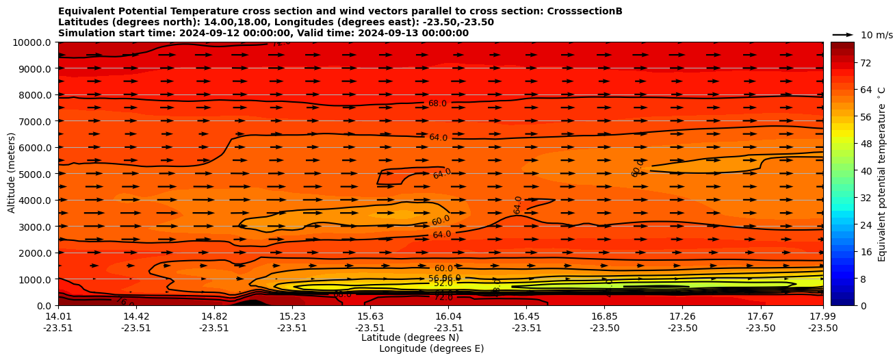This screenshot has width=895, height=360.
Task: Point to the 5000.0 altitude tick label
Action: [35, 174]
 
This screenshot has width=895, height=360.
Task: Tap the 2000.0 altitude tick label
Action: [35, 253]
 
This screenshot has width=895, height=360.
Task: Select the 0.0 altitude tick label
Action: [44, 306]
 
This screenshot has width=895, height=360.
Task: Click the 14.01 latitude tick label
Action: [58, 316]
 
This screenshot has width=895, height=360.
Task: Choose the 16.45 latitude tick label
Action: [526, 316]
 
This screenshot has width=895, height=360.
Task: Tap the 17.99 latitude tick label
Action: [822, 316]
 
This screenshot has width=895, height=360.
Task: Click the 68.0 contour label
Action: [437, 103]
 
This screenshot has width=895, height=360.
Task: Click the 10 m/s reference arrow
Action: [843, 35]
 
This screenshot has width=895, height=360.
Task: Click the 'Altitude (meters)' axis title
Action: [12, 172]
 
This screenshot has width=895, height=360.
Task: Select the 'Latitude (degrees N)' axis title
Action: [410, 337]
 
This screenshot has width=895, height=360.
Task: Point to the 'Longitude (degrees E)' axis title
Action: [431, 348]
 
